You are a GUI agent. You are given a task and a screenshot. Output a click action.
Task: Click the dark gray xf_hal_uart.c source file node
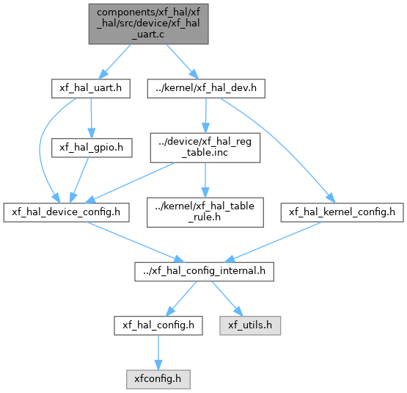coord(148,24)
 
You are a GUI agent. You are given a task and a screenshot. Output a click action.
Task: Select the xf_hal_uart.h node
coord(91,89)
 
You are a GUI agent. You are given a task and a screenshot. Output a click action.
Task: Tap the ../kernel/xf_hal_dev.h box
coord(206,89)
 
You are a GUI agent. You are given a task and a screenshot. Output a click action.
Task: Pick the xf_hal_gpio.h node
coord(92,148)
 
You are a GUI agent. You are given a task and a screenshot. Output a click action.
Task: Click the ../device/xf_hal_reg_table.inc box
coord(205,148)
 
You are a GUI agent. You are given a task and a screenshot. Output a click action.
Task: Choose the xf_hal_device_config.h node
coord(66,212)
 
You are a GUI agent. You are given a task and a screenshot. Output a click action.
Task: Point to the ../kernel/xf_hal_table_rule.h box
coord(205,212)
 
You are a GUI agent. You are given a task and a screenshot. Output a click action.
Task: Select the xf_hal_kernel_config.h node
coord(342,212)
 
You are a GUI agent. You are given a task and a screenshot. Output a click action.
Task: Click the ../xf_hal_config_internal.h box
coord(204,272)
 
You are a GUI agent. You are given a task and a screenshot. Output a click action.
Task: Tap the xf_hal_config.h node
coord(158,325)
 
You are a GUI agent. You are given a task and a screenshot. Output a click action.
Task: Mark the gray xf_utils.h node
coord(250,325)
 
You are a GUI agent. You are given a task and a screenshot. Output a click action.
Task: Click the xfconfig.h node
coord(158,380)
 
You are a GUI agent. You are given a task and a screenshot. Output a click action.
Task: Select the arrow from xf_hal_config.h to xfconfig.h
coord(158,353)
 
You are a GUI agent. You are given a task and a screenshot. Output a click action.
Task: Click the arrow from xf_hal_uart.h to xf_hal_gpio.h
coord(91,118)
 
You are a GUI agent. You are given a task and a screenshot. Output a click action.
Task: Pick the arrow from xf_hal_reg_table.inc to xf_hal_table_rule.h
coord(205,180)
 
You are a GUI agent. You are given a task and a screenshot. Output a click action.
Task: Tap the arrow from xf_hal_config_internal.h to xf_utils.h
coord(227,299)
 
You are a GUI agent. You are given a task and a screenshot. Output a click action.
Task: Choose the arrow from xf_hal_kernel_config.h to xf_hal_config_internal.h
coord(273,242)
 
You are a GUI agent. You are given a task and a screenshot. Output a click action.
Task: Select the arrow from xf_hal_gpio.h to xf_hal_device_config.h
coord(79,180)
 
